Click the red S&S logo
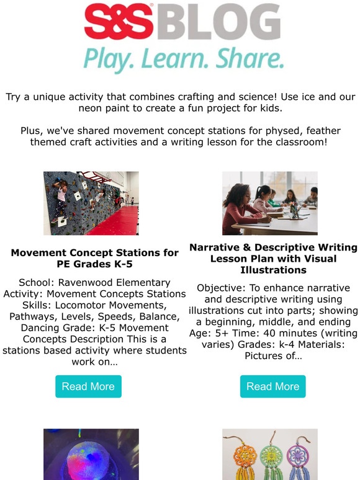pyautogui.click(x=120, y=22)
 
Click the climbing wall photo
pyautogui.click(x=91, y=203)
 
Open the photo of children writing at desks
pyautogui.click(x=270, y=203)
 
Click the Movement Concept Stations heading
pyautogui.click(x=94, y=259)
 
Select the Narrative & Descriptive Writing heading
pyautogui.click(x=273, y=259)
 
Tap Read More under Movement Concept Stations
pyautogui.click(x=88, y=386)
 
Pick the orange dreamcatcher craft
pyautogui.click(x=239, y=459)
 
